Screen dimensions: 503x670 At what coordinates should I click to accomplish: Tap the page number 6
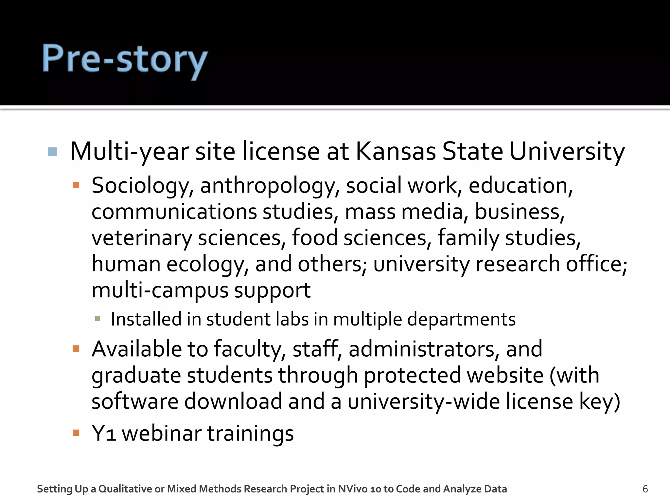click(645, 489)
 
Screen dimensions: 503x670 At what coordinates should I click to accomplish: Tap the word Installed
click(146, 319)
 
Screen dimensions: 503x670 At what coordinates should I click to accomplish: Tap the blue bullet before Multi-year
click(52, 152)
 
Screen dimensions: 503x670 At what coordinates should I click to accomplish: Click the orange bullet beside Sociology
click(76, 185)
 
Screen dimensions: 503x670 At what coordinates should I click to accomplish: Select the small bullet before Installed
click(97, 319)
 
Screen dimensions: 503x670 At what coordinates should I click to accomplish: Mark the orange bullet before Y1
click(76, 433)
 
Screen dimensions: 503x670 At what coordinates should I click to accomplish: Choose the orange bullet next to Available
click(76, 348)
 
